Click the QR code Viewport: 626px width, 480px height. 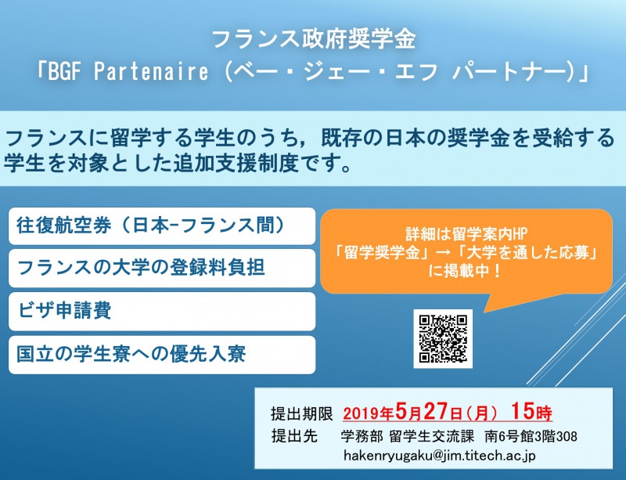[x=443, y=338]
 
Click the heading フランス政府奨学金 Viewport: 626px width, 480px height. [x=314, y=39]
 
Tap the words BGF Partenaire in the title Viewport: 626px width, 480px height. [x=128, y=72]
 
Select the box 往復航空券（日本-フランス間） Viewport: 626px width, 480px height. [x=162, y=226]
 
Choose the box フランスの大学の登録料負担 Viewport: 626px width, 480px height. [x=162, y=268]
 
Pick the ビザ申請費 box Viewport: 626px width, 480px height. [x=162, y=312]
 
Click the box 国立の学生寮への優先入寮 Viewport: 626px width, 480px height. [x=162, y=355]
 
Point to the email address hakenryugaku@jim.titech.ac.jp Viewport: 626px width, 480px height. [x=440, y=456]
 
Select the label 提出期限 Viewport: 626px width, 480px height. [x=302, y=413]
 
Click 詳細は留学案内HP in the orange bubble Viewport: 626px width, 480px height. [x=466, y=235]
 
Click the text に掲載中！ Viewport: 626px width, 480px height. [x=466, y=272]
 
